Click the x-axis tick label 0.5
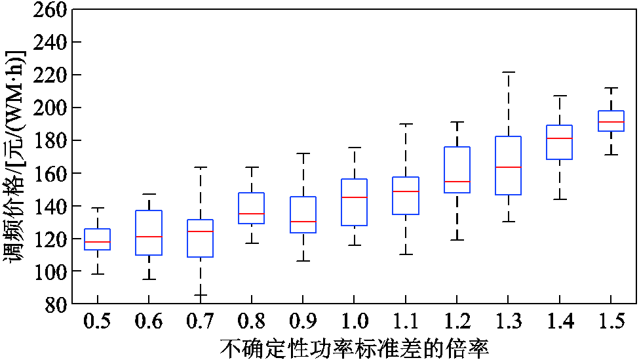[x=98, y=322]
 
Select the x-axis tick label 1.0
[x=354, y=322]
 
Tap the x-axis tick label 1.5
[x=610, y=322]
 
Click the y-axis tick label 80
[x=55, y=304]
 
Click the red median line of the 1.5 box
[x=610, y=122]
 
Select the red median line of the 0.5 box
[x=98, y=242]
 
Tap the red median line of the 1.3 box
[x=508, y=167]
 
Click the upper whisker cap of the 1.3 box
[x=508, y=72]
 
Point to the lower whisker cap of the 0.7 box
[x=201, y=295]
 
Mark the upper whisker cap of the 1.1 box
[x=406, y=123]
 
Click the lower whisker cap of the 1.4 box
[x=559, y=199]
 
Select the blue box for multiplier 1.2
[x=457, y=169]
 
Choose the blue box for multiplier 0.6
[x=149, y=232]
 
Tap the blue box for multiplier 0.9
[x=303, y=214]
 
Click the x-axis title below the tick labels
[x=354, y=348]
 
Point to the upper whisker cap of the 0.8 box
[x=252, y=167]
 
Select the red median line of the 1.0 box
[x=354, y=197]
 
